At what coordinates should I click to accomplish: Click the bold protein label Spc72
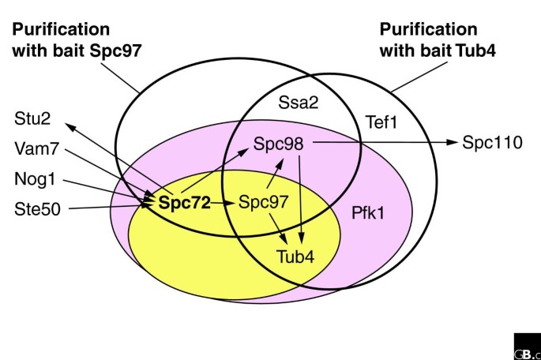(184, 203)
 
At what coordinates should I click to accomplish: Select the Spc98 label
(280, 143)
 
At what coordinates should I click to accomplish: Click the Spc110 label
(489, 143)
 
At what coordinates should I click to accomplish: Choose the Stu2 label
(31, 119)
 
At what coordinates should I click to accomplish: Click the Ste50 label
(37, 208)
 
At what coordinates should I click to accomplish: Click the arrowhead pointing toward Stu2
(69, 124)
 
